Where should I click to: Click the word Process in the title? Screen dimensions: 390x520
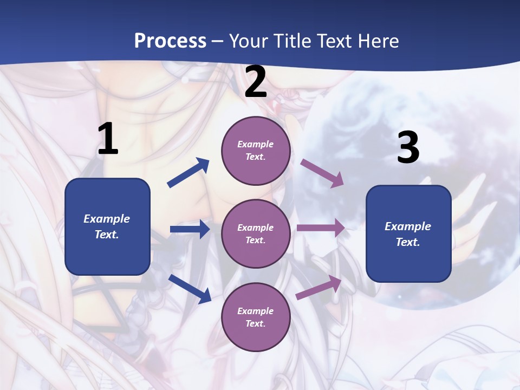170,41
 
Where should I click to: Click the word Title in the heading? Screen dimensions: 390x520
292,41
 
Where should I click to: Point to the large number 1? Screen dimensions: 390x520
108,139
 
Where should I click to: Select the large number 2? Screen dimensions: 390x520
256,82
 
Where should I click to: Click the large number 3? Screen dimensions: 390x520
408,148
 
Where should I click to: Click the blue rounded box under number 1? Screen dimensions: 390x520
107,226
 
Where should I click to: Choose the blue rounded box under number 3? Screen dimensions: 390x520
408,233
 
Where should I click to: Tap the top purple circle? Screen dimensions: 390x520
256,151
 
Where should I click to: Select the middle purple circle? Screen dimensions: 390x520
256,233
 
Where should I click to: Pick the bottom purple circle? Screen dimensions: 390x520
256,317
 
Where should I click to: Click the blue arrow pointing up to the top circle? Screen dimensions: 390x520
188,173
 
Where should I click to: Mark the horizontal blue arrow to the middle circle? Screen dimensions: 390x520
190,229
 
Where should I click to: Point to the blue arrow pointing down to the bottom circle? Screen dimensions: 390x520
190,289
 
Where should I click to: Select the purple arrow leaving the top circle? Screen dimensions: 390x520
322,173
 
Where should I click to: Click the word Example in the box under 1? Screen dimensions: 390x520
107,219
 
